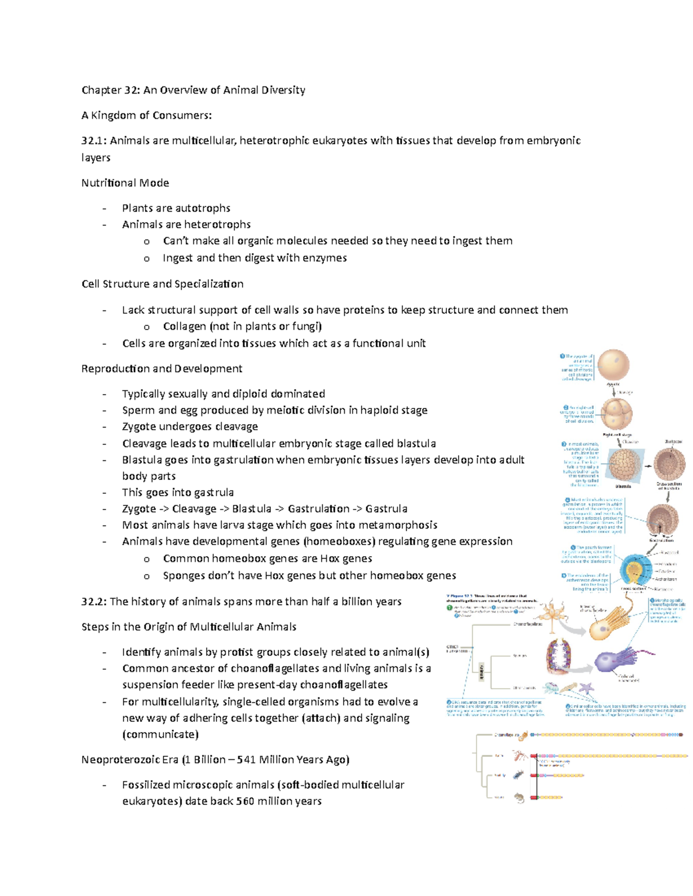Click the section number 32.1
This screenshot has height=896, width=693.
[x=93, y=141]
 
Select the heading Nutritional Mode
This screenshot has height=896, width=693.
[x=125, y=183]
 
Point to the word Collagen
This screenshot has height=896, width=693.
[x=184, y=327]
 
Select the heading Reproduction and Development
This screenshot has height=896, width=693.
[x=162, y=369]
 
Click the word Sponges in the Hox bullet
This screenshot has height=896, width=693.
[x=184, y=576]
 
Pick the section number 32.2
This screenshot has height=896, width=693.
[x=93, y=602]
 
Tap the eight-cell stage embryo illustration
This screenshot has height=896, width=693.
[x=617, y=414]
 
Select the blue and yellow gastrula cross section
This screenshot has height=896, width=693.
[x=636, y=570]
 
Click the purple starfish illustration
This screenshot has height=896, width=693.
[x=586, y=688]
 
